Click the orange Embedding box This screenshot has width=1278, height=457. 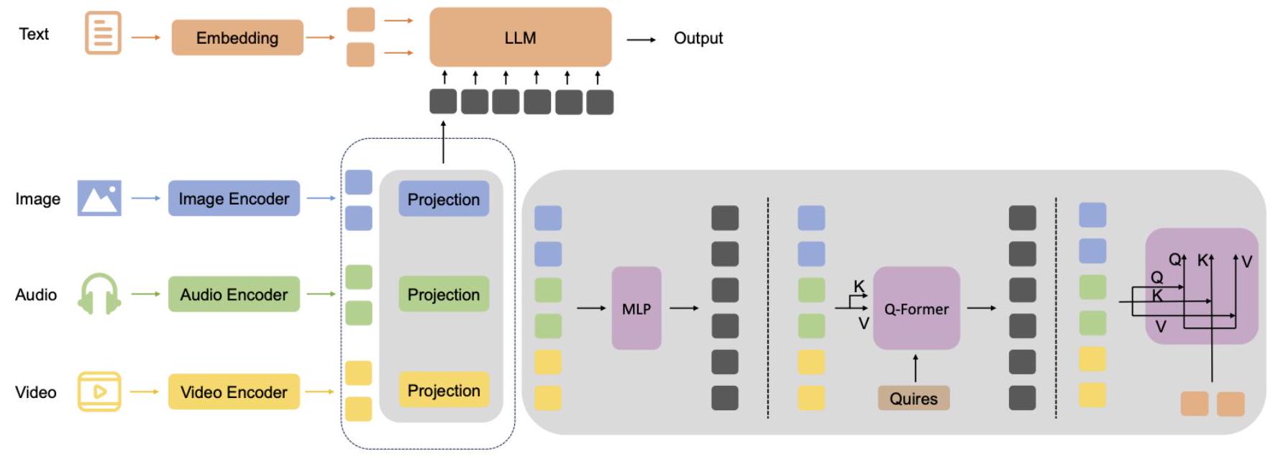pos(237,37)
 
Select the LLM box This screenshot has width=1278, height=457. pos(520,37)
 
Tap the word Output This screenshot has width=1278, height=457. pos(698,38)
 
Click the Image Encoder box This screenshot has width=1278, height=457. pos(234,199)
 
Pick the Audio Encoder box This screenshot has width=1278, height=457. pos(234,294)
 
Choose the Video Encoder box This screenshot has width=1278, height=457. pos(234,392)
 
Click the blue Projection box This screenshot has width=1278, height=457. pos(443,199)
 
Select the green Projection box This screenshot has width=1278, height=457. pos(443,294)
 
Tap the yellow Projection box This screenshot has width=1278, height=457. pos(443,390)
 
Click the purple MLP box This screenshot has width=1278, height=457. pos(636,309)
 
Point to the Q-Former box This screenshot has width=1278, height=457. pos(916,309)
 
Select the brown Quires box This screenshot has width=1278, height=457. pos(913,398)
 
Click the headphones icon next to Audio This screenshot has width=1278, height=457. pos(99,294)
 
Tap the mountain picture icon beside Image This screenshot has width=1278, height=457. pos(99,198)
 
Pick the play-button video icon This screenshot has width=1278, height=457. pos(99,392)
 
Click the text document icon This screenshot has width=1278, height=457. pos(103,33)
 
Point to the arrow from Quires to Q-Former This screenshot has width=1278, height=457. pos(915,368)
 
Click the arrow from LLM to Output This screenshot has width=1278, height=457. pos(641,39)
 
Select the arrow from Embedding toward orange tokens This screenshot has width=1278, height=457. pos(321,37)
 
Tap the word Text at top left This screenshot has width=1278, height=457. pos(34,34)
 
